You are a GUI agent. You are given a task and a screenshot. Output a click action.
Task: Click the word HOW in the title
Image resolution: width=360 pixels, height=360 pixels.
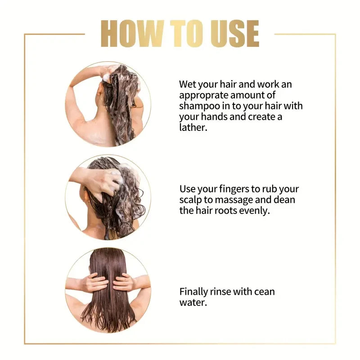(132, 34)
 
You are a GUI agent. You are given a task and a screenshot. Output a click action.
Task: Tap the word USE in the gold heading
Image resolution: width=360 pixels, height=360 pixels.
(235, 34)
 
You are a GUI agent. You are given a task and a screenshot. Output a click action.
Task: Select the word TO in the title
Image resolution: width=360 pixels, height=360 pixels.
(187, 34)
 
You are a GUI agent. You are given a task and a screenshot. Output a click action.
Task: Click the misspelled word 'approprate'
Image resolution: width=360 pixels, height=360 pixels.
(203, 96)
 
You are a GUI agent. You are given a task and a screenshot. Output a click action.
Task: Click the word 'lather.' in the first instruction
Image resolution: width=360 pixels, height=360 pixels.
(193, 127)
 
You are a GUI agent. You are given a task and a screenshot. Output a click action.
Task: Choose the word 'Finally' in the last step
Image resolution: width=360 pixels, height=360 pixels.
(193, 292)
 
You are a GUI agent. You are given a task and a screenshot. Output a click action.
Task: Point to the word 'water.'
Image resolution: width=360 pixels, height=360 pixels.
(193, 302)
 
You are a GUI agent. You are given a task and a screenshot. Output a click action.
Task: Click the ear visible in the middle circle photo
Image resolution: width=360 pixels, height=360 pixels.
(86, 196)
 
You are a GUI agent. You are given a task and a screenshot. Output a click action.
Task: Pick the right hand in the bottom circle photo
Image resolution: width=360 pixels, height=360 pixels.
(123, 282)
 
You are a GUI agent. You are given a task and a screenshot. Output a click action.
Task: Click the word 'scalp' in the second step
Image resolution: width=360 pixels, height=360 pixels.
(190, 200)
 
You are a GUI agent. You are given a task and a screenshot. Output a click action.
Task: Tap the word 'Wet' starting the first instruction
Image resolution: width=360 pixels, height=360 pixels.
(188, 84)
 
